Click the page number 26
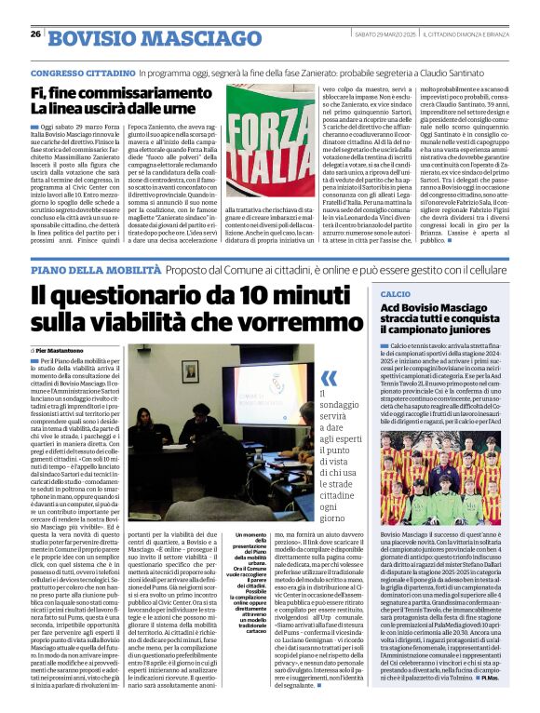(x=34, y=34)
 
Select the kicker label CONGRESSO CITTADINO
(x=82, y=72)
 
